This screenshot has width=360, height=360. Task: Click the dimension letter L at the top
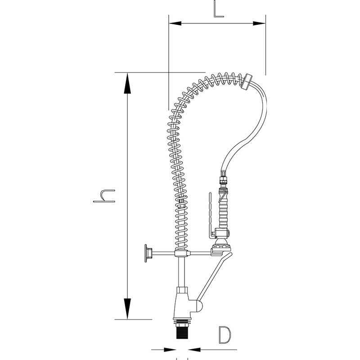tap(218, 9)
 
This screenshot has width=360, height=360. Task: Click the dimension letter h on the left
tap(104, 196)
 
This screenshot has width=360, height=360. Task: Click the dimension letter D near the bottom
tap(225, 335)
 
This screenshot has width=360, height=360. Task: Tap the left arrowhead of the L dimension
tap(175, 23)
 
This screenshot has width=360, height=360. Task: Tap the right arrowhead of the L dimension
tap(260, 23)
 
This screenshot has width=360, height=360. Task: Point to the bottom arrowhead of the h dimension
tap(127, 309)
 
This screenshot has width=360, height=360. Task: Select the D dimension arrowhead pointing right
tap(170, 350)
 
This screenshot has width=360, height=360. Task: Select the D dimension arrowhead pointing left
tap(194, 350)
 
